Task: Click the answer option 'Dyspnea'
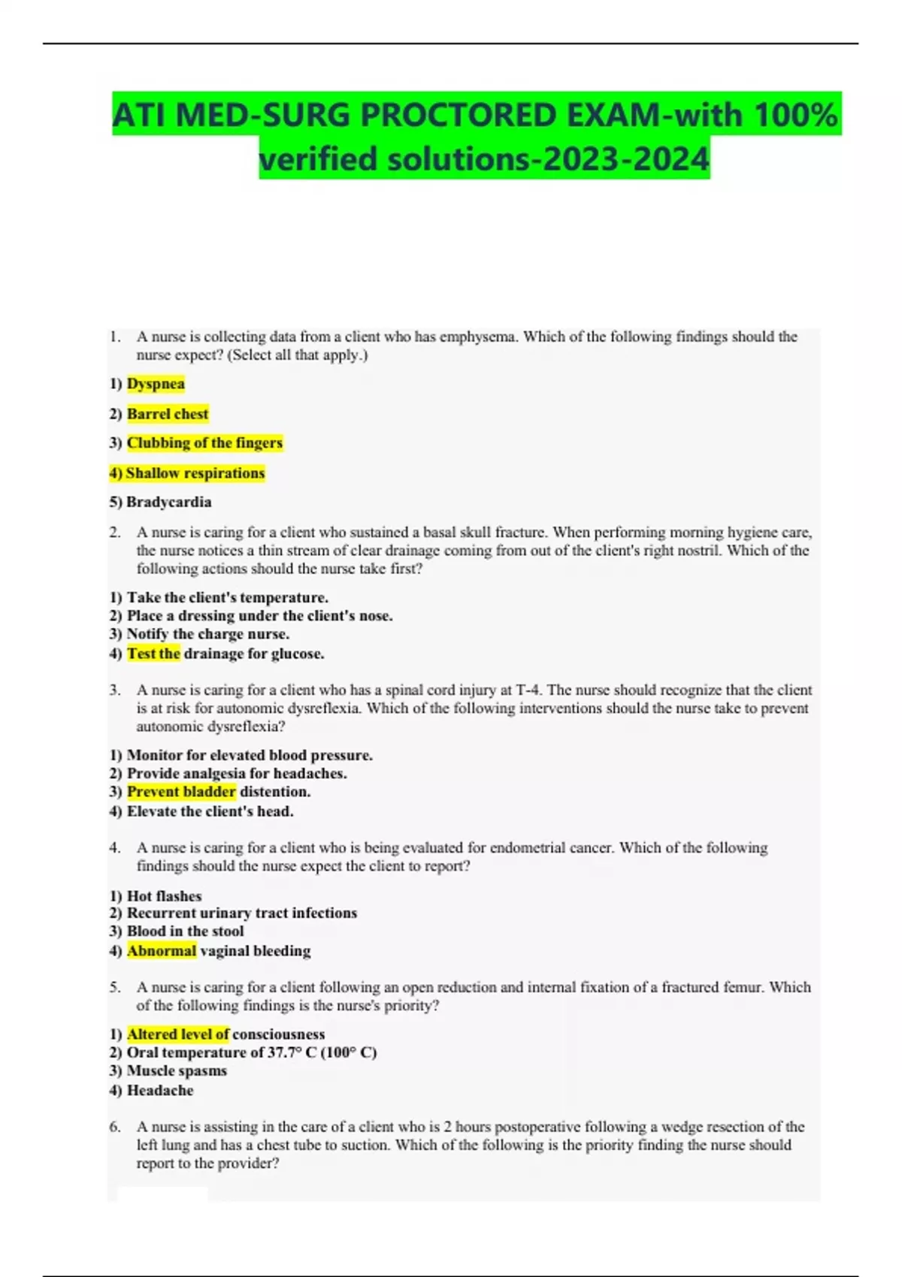coord(156,384)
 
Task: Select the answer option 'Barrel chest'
coord(168,414)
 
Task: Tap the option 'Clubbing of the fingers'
coord(204,443)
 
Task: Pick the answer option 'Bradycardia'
coord(168,502)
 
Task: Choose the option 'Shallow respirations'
coord(195,473)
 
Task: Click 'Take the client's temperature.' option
coord(227,598)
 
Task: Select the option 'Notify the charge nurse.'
coord(207,634)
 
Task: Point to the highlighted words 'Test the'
coord(153,654)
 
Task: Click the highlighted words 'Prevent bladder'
coord(181,792)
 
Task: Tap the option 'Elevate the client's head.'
coord(210,811)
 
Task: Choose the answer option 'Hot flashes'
coord(164,896)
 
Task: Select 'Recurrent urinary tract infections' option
coord(241,913)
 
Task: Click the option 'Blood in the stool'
coord(185,931)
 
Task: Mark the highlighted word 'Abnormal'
coord(162,951)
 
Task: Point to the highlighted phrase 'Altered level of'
coord(178,1034)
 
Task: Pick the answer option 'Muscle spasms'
coord(177,1071)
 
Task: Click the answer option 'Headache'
coord(160,1091)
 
